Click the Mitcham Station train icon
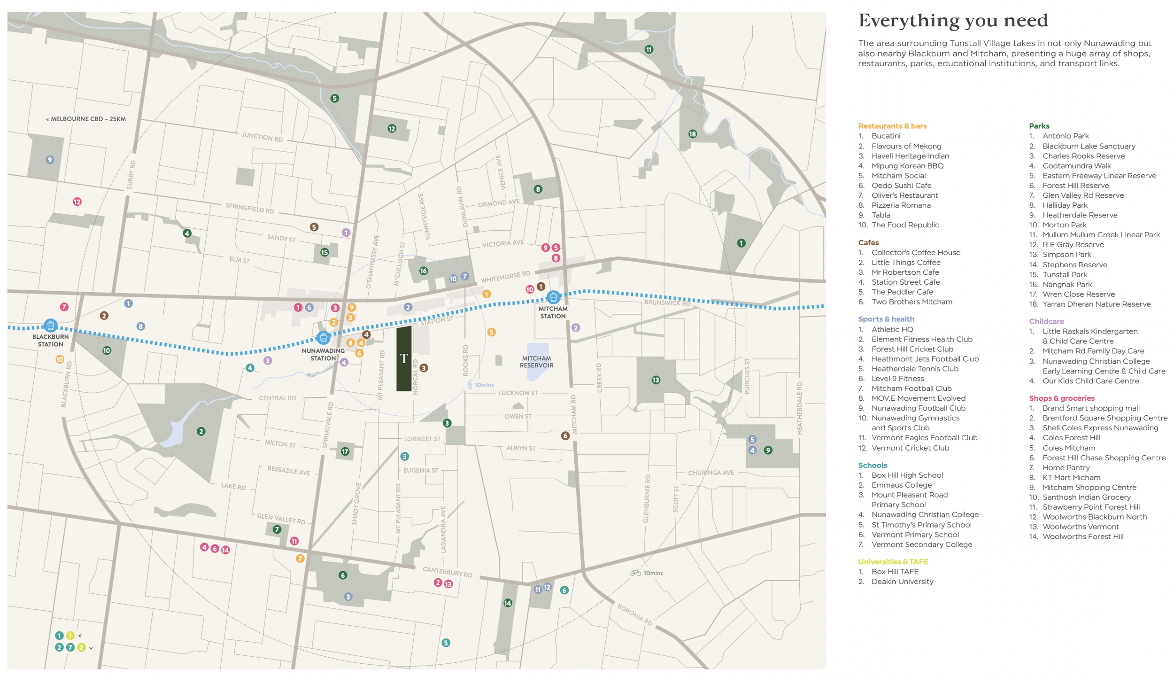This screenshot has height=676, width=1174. pos(553,297)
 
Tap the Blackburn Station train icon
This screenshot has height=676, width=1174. pos(51,325)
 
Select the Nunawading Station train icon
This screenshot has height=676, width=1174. pos(323,337)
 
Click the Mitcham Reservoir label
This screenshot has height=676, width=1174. pos(536,361)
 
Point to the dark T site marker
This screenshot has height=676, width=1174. pos(404,358)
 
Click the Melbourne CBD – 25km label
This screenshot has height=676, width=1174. pos(86,119)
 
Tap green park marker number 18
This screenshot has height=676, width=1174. pos(692,134)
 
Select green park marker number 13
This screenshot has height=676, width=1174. pos(656,380)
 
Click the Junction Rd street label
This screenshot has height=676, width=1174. pos(262,137)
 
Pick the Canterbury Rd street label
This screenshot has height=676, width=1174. pos(447,571)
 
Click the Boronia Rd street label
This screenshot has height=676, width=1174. pos(634,614)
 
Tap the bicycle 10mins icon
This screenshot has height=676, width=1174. pos(635,573)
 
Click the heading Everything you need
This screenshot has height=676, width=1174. pos(953,21)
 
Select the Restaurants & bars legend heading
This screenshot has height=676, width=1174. pos(892,126)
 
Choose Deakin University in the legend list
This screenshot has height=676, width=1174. pos(902,581)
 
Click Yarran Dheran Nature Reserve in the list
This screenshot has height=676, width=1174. pos(1096,304)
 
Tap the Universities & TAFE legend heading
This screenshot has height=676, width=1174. pos(893,561)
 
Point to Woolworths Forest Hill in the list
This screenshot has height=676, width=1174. pos(1082,536)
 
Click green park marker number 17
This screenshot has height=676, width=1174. pos(345,451)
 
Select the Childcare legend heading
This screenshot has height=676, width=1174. pos(1046,321)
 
